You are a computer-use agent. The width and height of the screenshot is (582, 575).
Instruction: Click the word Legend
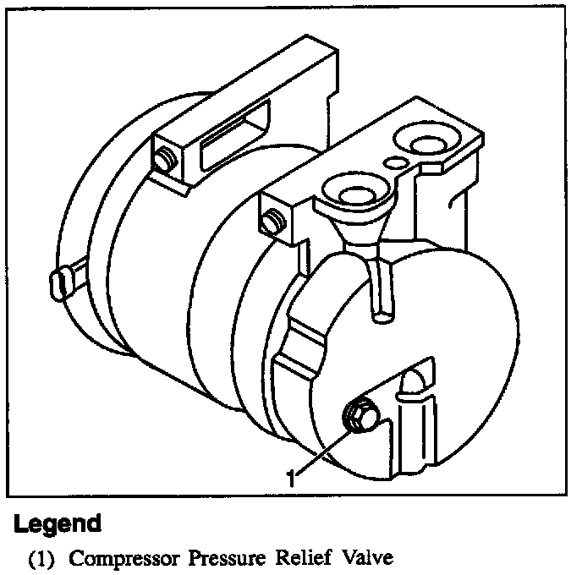pos(58,523)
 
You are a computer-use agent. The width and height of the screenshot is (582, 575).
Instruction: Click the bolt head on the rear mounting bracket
pos(164,160)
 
